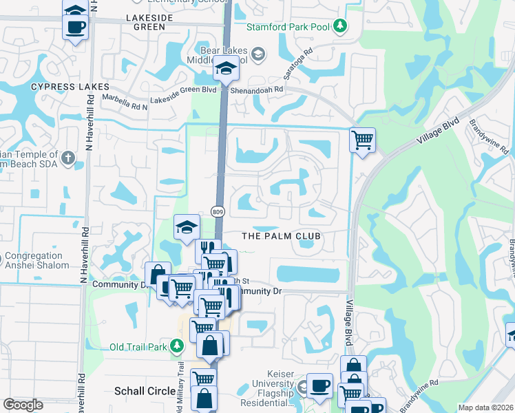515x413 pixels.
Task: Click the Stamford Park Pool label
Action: point(288,27)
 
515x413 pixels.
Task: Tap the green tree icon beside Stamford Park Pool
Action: point(339,27)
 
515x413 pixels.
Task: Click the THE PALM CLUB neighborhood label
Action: point(282,236)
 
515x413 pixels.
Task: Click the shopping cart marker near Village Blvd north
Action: point(362,141)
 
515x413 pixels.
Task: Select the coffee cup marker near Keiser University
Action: point(319,386)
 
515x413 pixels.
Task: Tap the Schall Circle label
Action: point(144,391)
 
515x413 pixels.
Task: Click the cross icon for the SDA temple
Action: point(67,158)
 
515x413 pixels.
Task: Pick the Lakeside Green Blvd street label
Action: point(190,89)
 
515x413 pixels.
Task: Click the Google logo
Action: point(23,405)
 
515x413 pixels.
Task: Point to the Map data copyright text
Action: point(485,407)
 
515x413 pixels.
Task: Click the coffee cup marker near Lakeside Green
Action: point(75,28)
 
